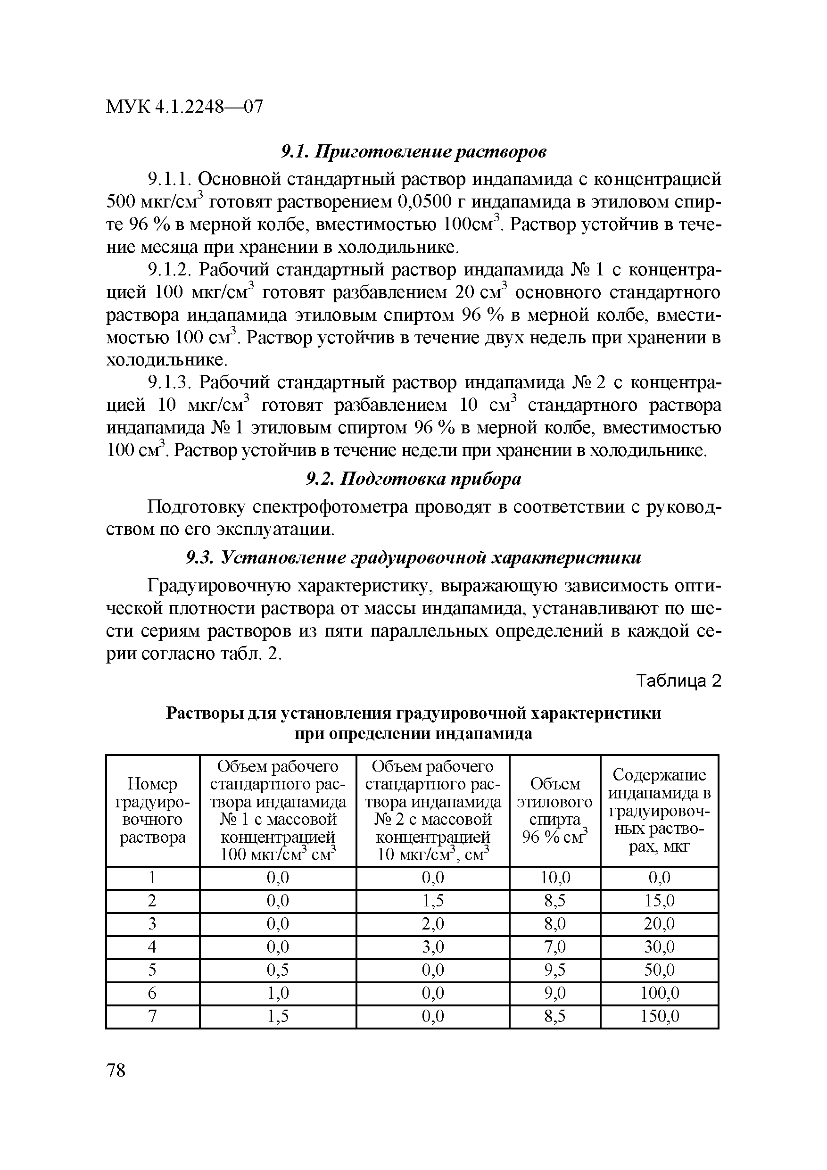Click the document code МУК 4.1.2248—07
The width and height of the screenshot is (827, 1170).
184,107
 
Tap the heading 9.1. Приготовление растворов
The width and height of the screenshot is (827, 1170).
414,151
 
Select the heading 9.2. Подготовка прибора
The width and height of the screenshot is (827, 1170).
414,479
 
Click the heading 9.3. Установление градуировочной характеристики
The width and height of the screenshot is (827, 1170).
414,558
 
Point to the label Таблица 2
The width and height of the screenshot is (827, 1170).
679,681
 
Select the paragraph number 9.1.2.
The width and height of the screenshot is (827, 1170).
168,270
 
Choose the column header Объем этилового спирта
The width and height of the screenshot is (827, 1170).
554,810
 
